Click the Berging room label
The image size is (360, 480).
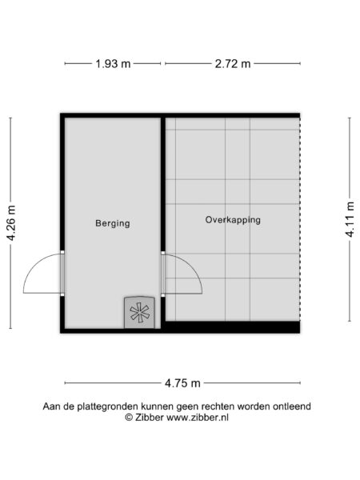coord(112,223)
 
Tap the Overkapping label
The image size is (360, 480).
coord(232,219)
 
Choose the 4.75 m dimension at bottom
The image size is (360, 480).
coord(183,382)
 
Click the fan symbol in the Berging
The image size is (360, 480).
coord(139,312)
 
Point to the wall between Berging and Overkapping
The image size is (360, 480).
coord(163,184)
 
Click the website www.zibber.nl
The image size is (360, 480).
coord(195,418)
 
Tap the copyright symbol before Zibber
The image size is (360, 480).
coord(129,418)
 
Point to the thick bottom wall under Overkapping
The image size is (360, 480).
coord(232,327)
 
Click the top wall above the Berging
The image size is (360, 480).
coord(112,115)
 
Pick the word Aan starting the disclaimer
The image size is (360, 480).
coord(52,406)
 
